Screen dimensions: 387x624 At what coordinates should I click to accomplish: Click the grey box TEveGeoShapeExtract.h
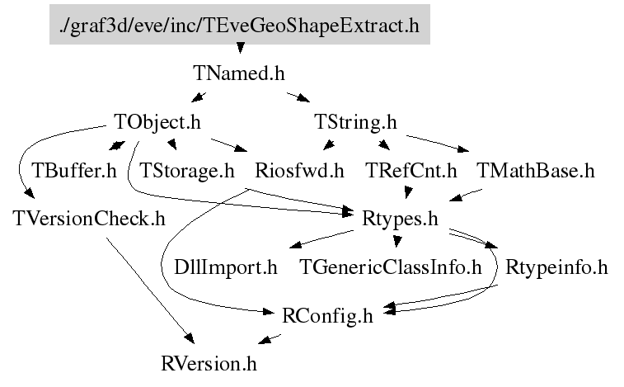pos(239,26)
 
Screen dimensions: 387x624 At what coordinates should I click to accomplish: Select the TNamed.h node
pos(239,73)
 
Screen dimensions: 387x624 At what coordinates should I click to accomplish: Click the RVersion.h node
pos(213,362)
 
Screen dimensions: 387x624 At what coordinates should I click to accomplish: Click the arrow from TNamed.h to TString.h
pos(298,98)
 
